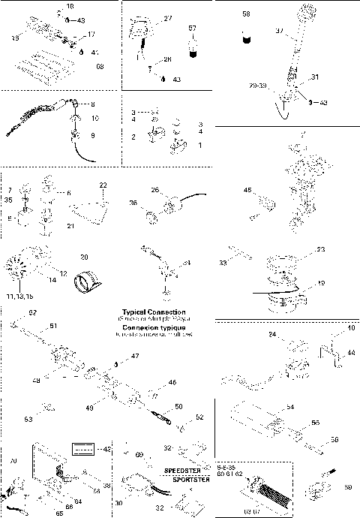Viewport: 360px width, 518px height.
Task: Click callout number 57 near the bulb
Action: click(x=192, y=28)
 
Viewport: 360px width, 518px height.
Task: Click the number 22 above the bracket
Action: click(x=103, y=184)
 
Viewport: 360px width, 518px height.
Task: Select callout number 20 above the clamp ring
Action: click(x=85, y=256)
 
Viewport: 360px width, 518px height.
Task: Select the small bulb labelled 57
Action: click(x=192, y=48)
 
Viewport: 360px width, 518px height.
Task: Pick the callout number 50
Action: click(x=178, y=406)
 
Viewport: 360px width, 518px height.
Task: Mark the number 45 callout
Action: click(x=247, y=191)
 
